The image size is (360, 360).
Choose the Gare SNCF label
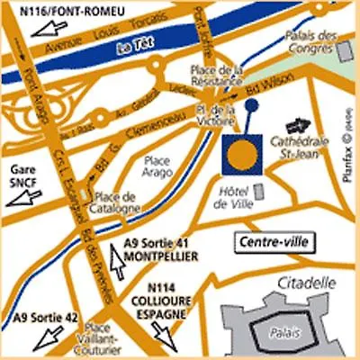click(x=23, y=175)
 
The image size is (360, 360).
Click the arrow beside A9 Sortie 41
click(x=117, y=262)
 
